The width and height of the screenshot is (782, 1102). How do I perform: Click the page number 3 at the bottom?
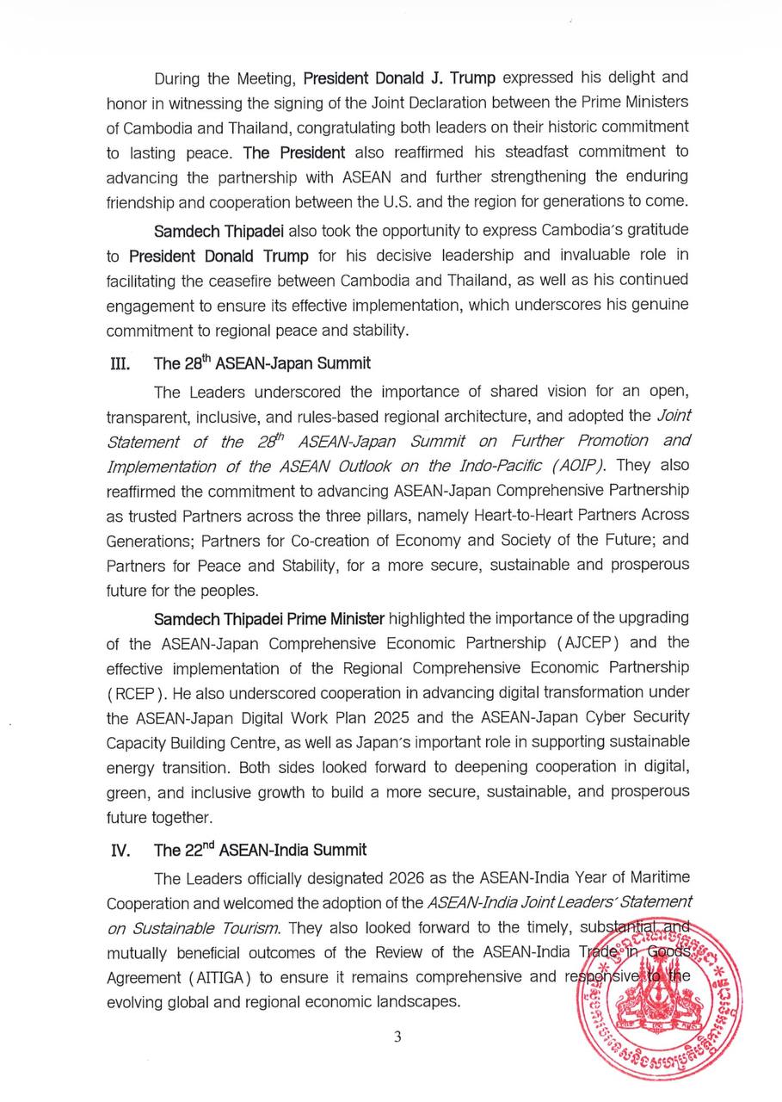[x=397, y=1037]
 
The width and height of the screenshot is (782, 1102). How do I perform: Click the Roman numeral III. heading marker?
[x=119, y=363]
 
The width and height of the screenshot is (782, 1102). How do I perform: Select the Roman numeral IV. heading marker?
[x=120, y=851]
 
